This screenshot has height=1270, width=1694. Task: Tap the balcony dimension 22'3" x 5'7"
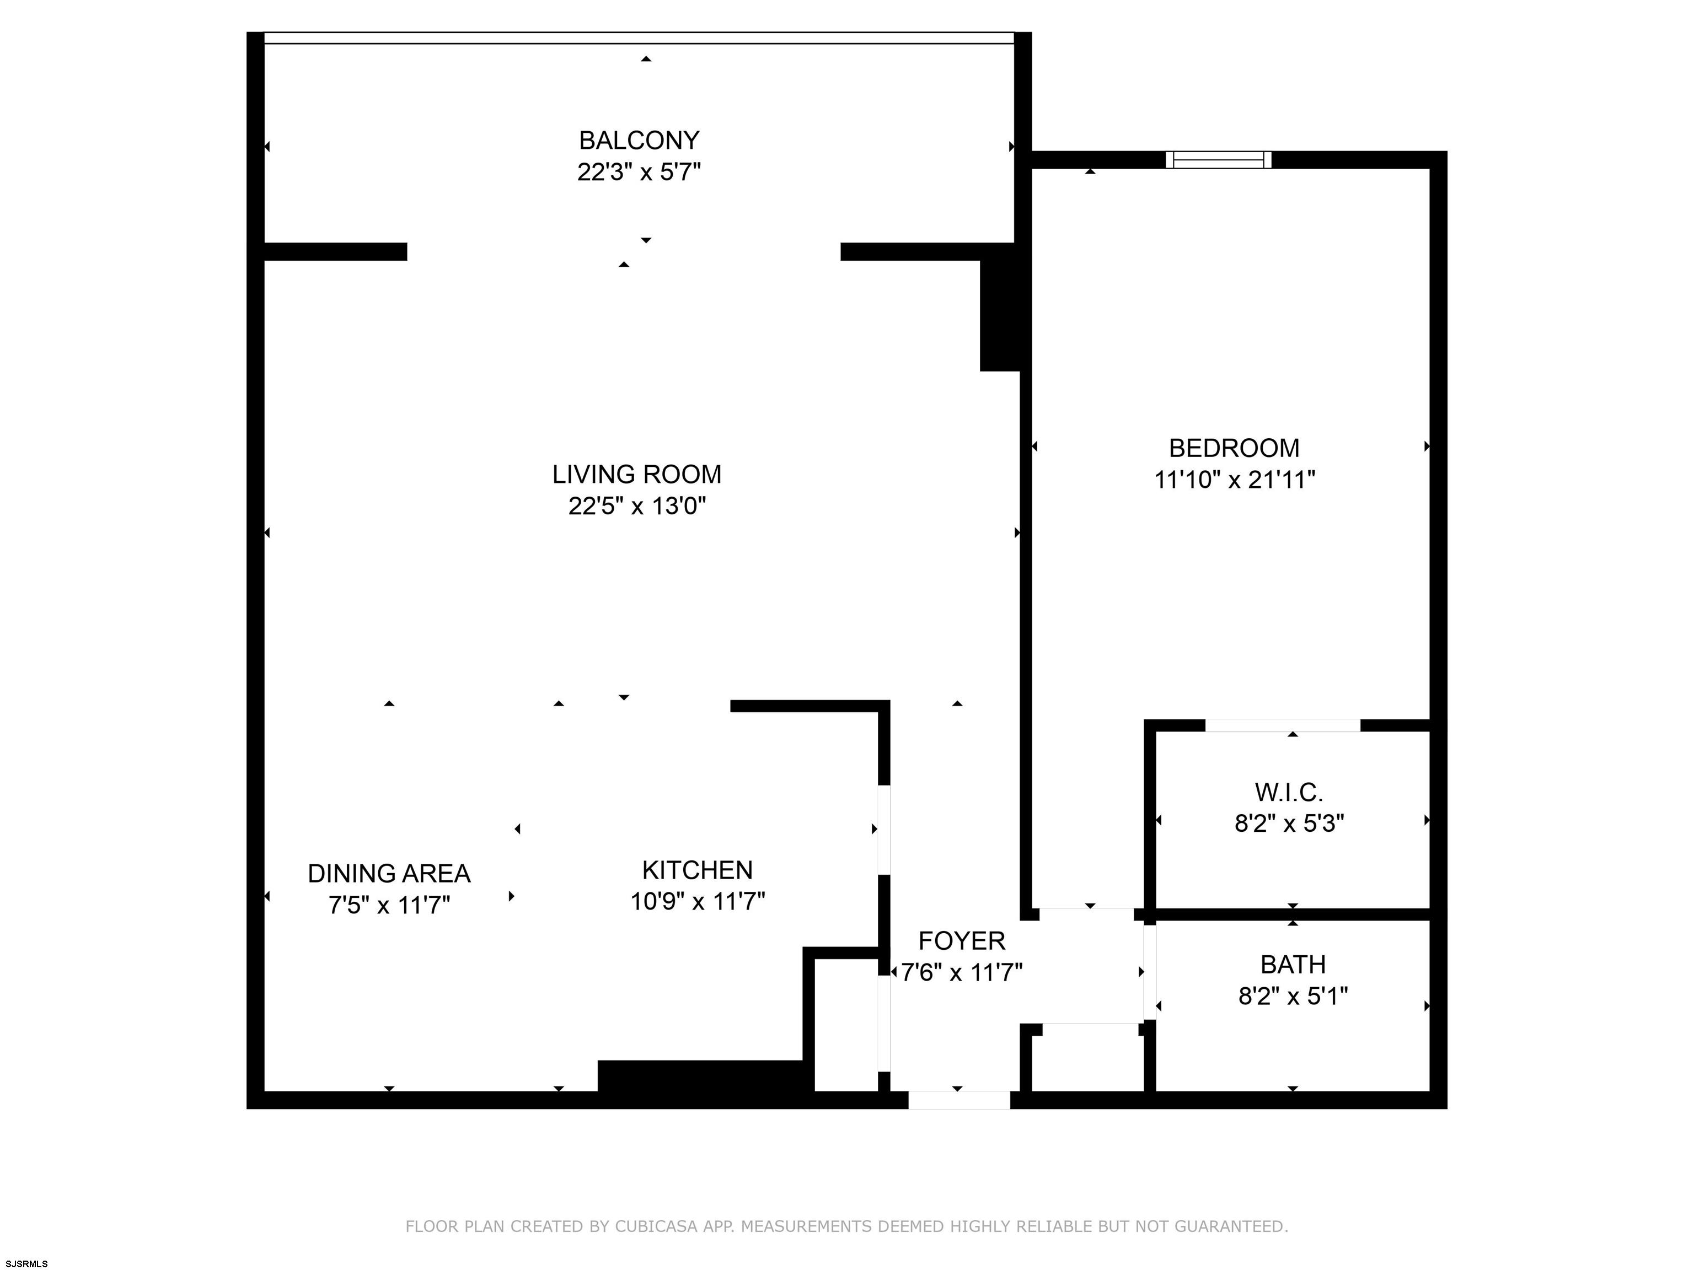click(639, 172)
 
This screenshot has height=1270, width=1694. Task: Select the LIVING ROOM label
click(636, 475)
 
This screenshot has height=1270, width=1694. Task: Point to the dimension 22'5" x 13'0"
click(636, 506)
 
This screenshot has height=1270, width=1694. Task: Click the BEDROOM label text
click(1234, 448)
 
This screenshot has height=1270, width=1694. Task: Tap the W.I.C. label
click(1289, 792)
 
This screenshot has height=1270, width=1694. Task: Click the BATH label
click(1293, 965)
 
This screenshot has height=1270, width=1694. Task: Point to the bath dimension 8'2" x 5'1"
click(1293, 996)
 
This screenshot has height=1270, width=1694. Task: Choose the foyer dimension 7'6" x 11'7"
click(961, 972)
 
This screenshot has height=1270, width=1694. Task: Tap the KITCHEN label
click(697, 870)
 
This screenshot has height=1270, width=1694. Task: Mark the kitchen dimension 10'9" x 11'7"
click(697, 901)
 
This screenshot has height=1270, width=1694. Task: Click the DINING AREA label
click(389, 874)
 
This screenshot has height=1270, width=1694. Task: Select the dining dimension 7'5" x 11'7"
click(389, 905)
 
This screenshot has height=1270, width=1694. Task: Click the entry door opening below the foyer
click(959, 1100)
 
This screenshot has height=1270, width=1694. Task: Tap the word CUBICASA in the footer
click(656, 1226)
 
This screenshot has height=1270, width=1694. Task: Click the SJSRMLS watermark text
click(27, 1263)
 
